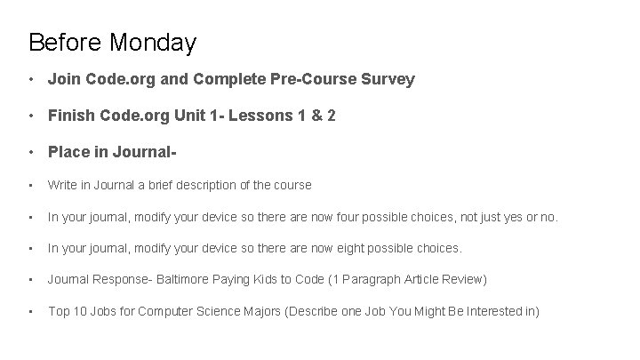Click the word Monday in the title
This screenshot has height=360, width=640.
tap(154, 42)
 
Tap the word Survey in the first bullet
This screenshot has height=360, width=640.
tap(388, 80)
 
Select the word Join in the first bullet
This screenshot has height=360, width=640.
tap(63, 80)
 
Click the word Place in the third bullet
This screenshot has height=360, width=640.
tap(69, 152)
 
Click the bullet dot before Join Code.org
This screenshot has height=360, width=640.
tap(32, 80)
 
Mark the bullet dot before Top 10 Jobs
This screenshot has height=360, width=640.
tap(32, 311)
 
